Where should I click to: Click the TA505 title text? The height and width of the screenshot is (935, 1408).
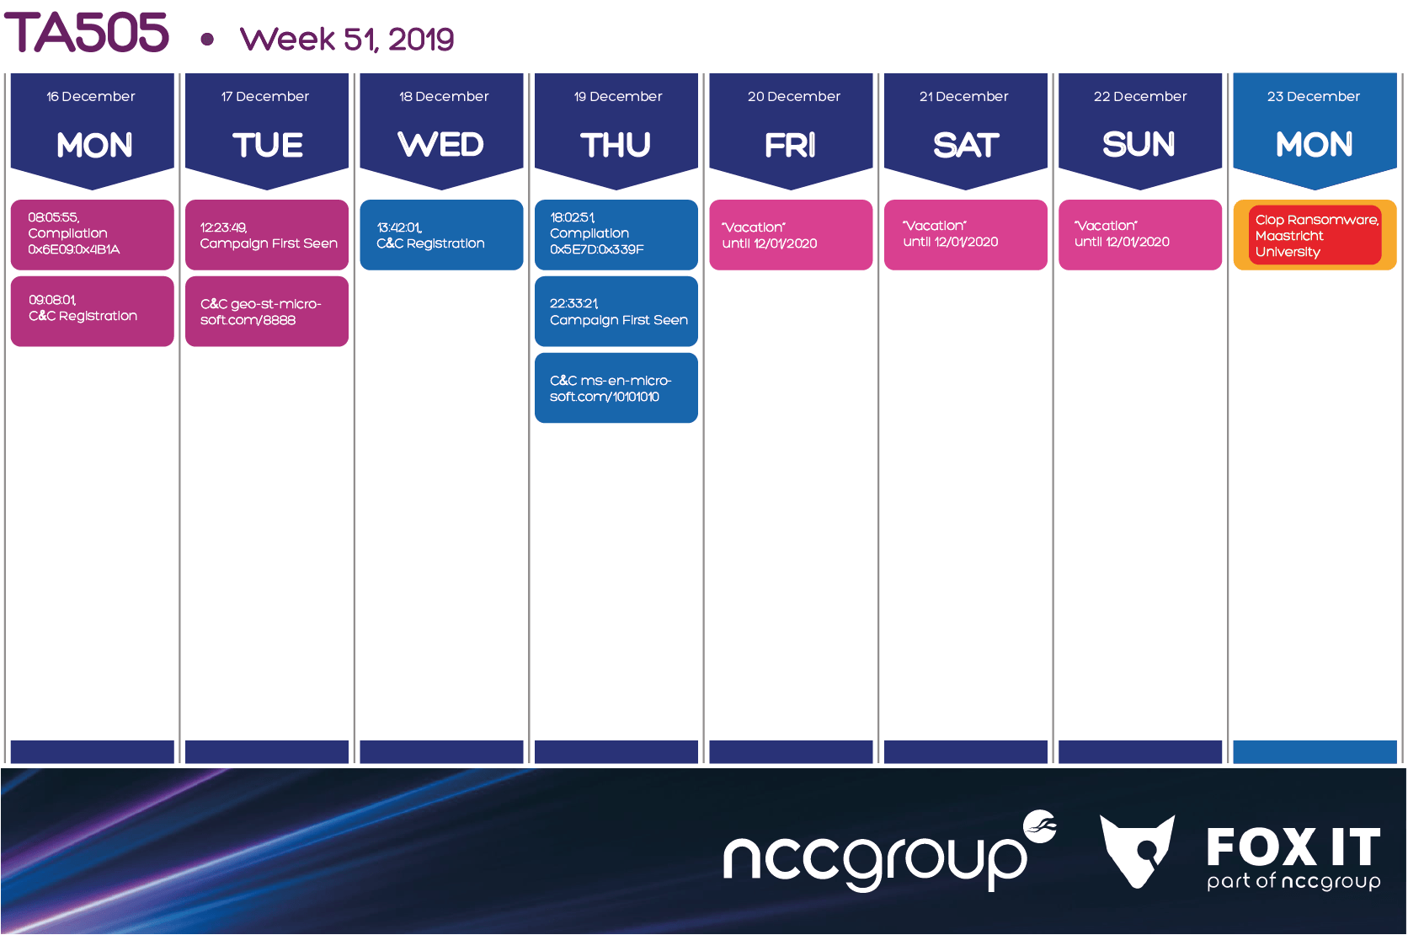click(87, 33)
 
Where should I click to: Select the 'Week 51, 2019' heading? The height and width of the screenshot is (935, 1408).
click(347, 39)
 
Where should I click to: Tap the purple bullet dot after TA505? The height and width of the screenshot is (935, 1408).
click(207, 40)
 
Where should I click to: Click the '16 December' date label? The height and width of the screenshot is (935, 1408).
click(90, 96)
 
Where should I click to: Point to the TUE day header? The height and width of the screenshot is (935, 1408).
click(268, 145)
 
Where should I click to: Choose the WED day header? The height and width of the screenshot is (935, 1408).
click(441, 144)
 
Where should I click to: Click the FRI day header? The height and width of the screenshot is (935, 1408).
click(790, 145)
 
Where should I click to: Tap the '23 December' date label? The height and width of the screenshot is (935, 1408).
click(1313, 96)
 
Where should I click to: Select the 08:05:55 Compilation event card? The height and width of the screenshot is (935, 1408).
click(93, 234)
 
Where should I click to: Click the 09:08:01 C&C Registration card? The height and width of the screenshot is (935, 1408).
click(93, 312)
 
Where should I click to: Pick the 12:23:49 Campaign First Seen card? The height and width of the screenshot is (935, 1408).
click(267, 234)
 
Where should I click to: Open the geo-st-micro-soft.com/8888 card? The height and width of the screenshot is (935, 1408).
click(267, 312)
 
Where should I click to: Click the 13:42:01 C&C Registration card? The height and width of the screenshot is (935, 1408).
click(442, 234)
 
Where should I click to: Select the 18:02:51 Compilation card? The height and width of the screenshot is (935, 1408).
click(616, 234)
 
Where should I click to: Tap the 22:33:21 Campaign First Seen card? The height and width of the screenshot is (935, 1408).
click(616, 312)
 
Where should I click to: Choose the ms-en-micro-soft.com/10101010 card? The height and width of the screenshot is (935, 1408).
click(616, 388)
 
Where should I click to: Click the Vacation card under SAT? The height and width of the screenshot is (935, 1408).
click(966, 234)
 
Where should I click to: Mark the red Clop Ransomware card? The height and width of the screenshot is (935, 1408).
click(1315, 235)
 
